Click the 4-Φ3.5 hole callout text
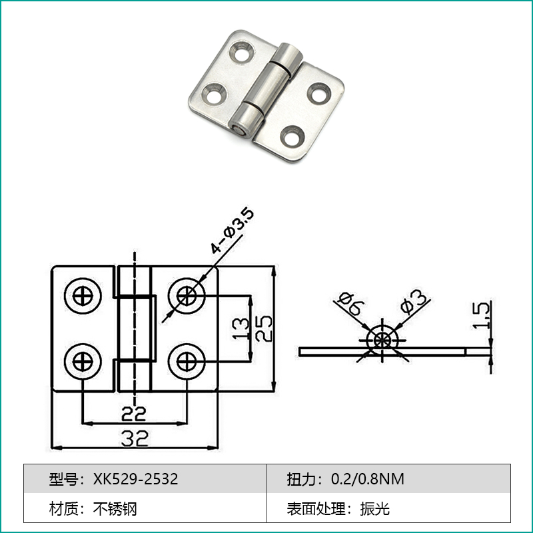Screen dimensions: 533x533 click(232, 231)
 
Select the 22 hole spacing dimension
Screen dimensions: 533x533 click(134, 414)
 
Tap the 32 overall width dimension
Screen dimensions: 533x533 click(135, 438)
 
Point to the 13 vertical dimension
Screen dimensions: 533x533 click(241, 328)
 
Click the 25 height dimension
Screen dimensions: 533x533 click(264, 328)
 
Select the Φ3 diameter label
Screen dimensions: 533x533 click(413, 301)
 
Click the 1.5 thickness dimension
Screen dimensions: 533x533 click(481, 315)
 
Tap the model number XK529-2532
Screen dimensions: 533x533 click(136, 479)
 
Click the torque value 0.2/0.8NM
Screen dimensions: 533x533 click(368, 479)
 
